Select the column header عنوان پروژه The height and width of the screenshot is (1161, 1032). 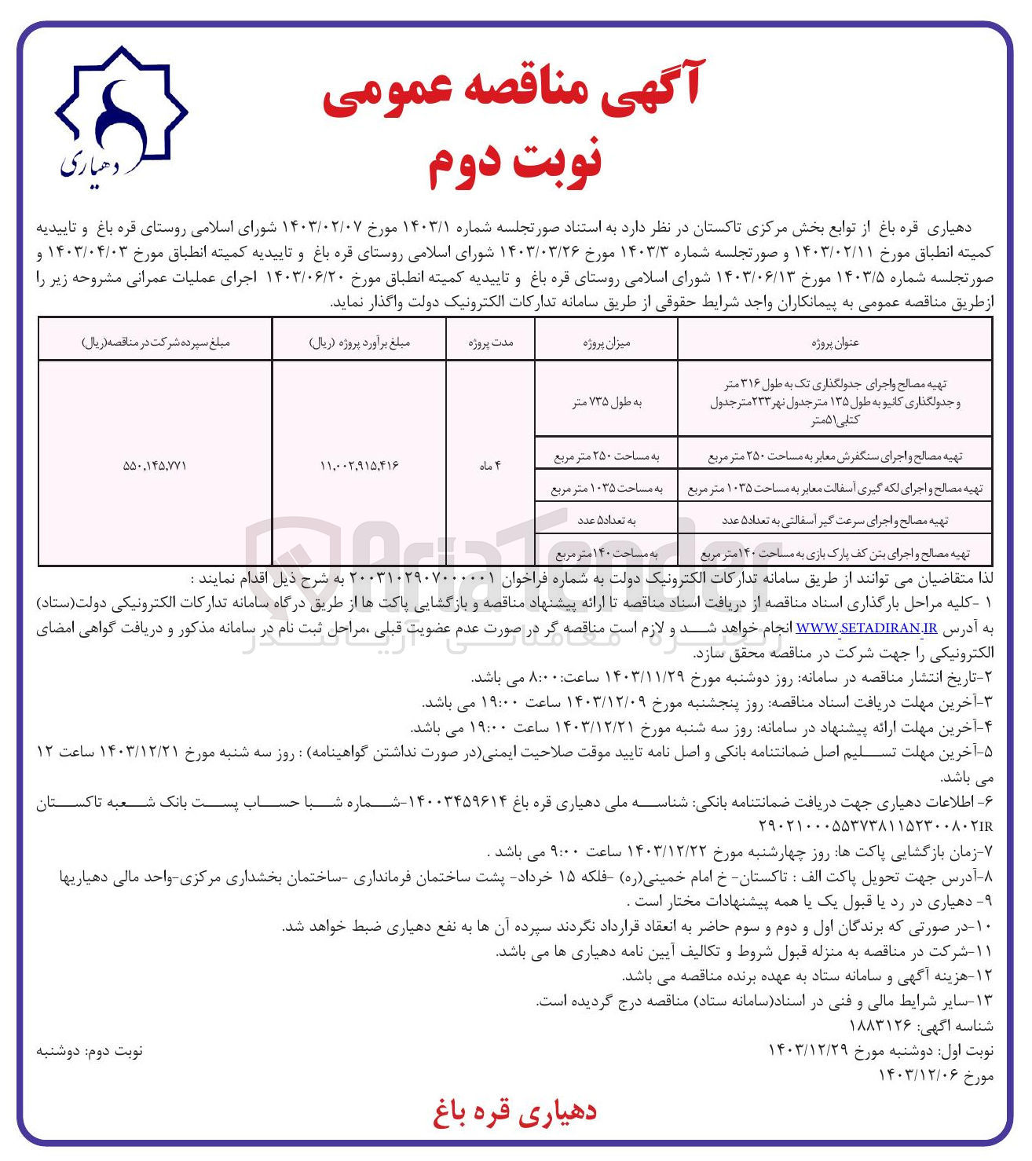835,342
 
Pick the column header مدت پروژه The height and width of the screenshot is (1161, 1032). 491,342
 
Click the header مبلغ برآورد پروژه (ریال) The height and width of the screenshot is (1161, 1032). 359,342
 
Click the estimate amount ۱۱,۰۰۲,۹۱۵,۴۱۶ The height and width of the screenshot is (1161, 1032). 359,466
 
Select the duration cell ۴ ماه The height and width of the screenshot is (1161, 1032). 490,466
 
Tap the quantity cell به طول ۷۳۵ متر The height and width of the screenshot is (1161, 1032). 606,402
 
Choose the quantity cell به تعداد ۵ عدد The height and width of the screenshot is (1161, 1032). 606,520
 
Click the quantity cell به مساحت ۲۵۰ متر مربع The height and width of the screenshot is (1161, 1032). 606,456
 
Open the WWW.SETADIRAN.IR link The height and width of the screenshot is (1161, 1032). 867,628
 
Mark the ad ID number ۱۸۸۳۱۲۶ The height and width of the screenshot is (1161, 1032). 880,1026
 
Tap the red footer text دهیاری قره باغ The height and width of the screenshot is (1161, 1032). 514,1112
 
